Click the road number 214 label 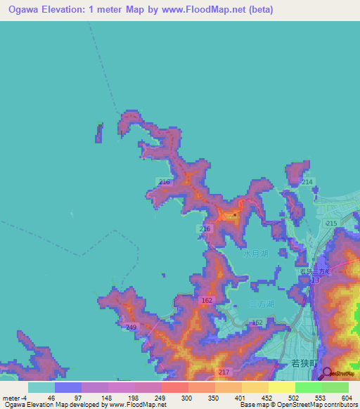click(x=307, y=182)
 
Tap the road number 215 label click(x=332, y=223)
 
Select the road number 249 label click(x=131, y=327)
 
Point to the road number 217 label click(x=224, y=372)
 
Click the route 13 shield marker click(x=315, y=280)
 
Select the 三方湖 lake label click(x=262, y=304)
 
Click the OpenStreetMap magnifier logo click(x=326, y=373)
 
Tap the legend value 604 click(x=347, y=397)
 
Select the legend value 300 click(x=186, y=397)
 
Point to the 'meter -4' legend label click(x=12, y=397)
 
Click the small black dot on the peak click(x=234, y=214)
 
